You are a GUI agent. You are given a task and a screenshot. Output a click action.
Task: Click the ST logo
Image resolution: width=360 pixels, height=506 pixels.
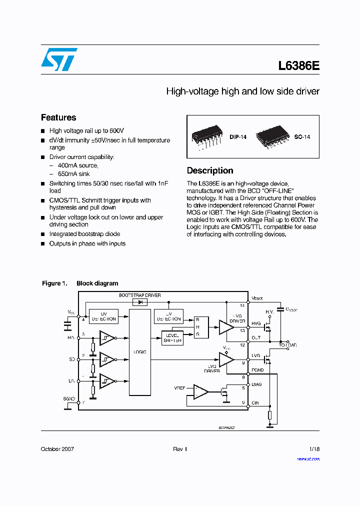[x=59, y=59]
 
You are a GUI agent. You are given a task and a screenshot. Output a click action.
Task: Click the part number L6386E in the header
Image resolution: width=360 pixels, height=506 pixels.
[x=298, y=66]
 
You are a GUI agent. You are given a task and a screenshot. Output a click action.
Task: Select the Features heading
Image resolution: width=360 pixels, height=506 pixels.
[x=58, y=117]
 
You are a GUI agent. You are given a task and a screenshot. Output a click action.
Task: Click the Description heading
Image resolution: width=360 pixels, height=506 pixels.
[x=210, y=170]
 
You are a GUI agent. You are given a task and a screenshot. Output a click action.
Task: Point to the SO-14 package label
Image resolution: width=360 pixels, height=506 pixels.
[x=302, y=136]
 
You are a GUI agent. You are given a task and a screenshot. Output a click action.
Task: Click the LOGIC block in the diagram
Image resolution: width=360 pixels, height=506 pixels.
[x=140, y=352]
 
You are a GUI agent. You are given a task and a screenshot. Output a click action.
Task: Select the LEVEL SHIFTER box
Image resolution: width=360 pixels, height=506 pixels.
[x=172, y=338]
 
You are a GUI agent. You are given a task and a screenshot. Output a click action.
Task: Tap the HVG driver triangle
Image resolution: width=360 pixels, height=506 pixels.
[x=226, y=327]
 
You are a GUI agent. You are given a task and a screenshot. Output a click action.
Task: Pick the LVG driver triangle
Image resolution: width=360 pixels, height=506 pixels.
[x=226, y=359]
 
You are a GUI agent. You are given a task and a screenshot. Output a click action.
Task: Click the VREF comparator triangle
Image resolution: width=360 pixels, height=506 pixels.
[x=201, y=391]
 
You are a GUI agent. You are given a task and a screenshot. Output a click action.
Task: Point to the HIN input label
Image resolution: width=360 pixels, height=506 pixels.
[x=71, y=337]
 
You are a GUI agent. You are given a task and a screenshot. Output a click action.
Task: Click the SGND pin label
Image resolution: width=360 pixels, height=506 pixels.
[x=69, y=398]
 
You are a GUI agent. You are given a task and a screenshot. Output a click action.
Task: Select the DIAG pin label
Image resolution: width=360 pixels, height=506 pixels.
[x=256, y=384]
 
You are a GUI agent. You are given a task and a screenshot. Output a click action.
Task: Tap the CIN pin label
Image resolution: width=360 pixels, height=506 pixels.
[x=255, y=402]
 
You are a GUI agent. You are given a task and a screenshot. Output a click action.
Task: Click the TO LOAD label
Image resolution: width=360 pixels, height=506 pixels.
[x=287, y=345]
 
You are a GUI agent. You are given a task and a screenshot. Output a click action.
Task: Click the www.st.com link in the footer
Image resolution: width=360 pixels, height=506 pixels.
[x=308, y=458]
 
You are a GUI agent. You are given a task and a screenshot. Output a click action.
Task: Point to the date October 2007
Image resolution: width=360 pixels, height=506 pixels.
[x=57, y=449]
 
